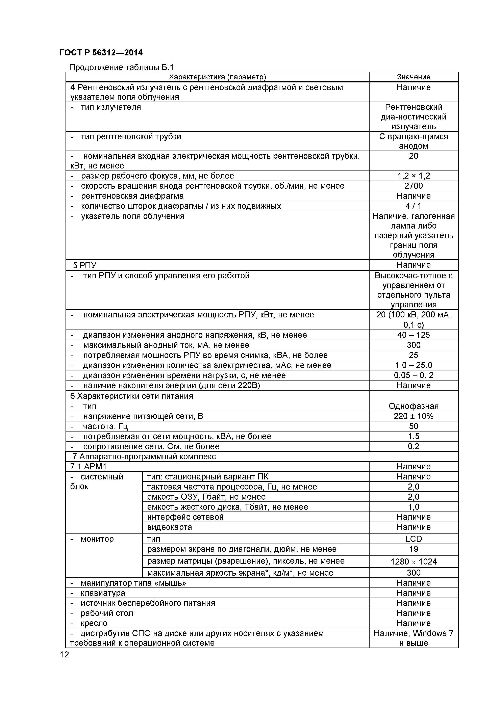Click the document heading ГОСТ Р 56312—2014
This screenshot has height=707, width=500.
pyautogui.click(x=101, y=53)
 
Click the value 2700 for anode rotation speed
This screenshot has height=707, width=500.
pyautogui.click(x=414, y=186)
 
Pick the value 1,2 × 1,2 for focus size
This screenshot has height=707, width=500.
pyautogui.click(x=414, y=176)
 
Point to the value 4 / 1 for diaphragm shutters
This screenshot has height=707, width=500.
pyautogui.click(x=414, y=206)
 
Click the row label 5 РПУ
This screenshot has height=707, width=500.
pyautogui.click(x=84, y=265)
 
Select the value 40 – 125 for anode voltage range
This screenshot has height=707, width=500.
pyautogui.click(x=414, y=335)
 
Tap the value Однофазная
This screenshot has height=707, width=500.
pyautogui.click(x=414, y=406)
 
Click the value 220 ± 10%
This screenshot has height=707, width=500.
pyautogui.click(x=414, y=416)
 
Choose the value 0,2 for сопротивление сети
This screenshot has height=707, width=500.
pyautogui.click(x=414, y=446)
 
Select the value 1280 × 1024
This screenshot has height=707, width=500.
pyautogui.click(x=414, y=562)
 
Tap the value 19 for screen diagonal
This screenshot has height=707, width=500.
pyautogui.click(x=414, y=549)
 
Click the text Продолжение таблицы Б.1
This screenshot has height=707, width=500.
pyautogui.click(x=121, y=67)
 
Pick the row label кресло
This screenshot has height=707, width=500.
pyautogui.click(x=94, y=623)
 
